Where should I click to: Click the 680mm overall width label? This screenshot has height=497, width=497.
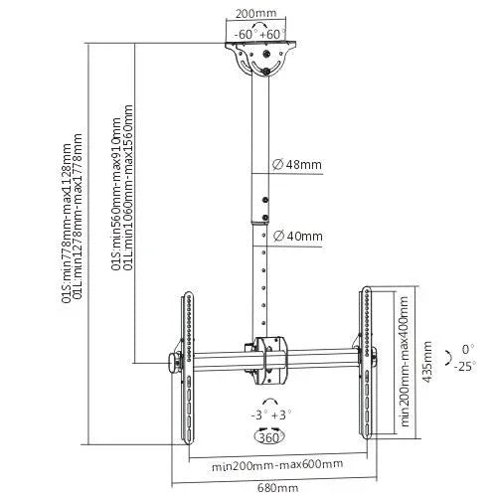277,487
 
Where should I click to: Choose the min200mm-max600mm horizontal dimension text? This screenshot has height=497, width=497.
277,464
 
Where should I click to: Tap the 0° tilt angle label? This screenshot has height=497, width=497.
467,350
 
